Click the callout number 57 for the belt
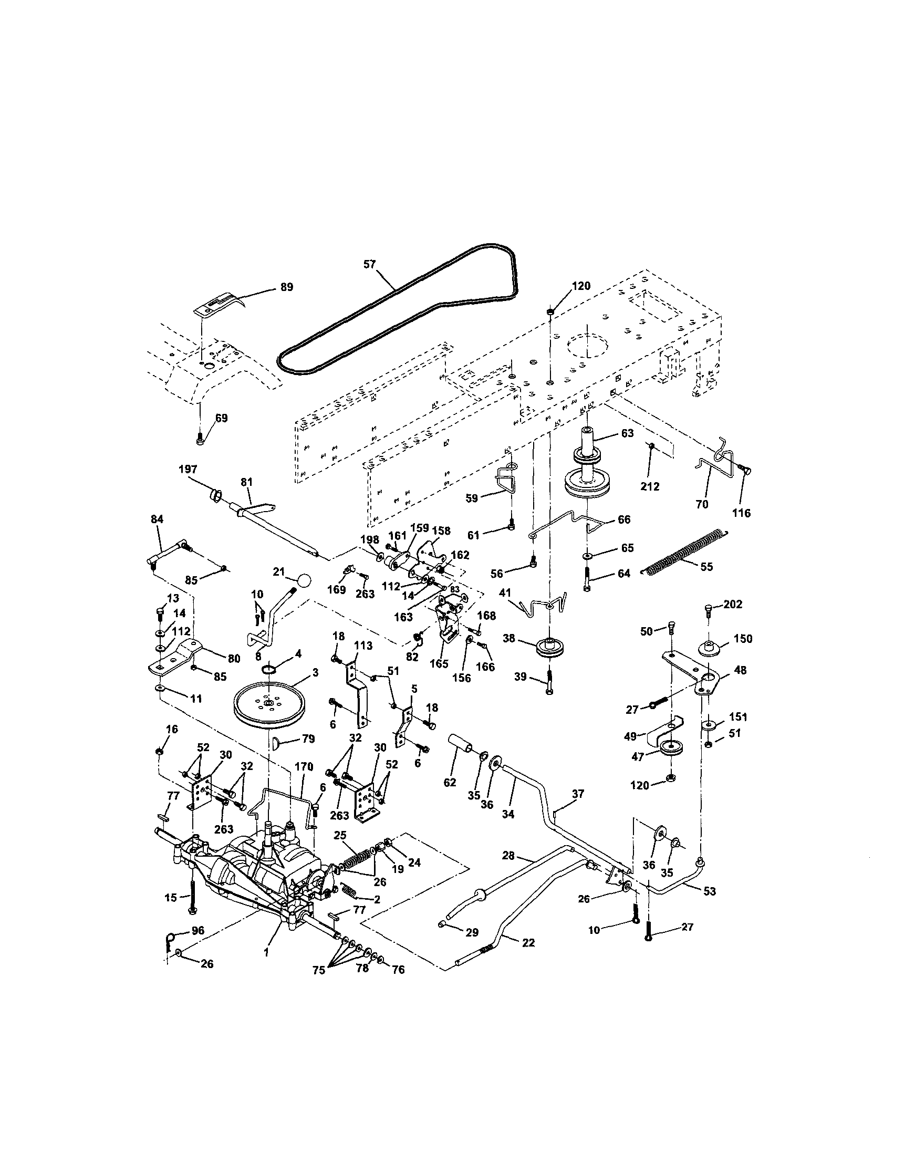(x=369, y=265)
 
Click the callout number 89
(x=287, y=287)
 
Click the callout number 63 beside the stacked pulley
(x=627, y=433)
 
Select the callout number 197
(x=188, y=470)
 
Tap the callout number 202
(x=733, y=604)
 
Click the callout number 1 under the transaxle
(x=266, y=952)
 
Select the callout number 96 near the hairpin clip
(x=198, y=930)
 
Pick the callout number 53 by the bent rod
(x=710, y=891)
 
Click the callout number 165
(x=439, y=664)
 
